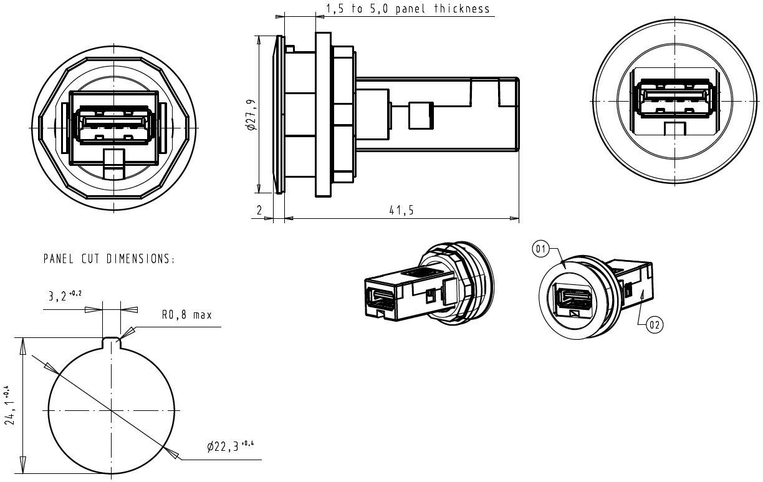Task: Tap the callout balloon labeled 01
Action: tap(540, 249)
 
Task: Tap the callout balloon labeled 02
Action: tap(654, 324)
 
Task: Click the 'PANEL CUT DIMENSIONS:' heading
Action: tap(109, 259)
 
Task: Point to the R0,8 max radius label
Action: tap(187, 315)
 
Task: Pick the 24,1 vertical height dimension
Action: tap(9, 406)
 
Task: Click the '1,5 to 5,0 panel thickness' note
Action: tap(408, 9)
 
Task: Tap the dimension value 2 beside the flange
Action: tap(259, 210)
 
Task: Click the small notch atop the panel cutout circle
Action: tap(112, 341)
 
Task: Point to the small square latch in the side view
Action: tap(419, 115)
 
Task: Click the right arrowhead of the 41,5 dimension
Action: tap(514, 218)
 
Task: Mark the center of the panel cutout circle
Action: tap(112, 410)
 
